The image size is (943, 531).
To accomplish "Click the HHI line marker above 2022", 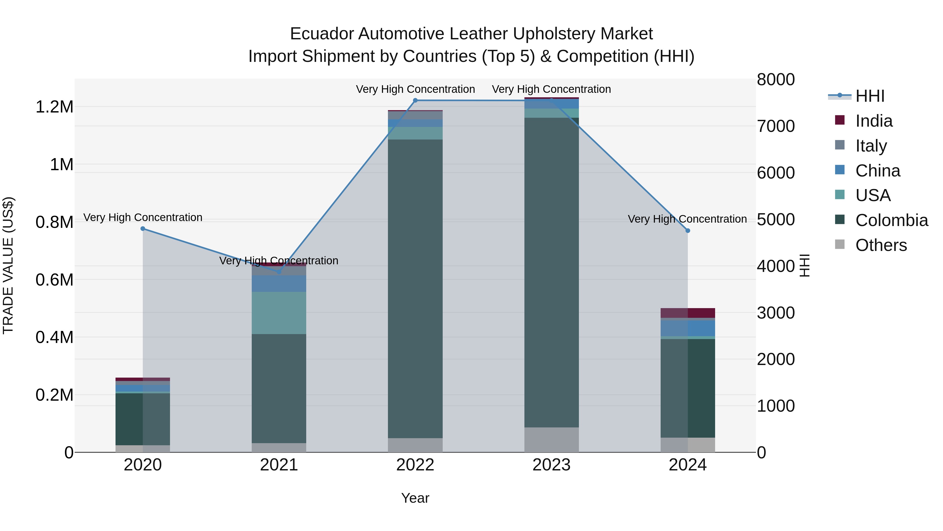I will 415,100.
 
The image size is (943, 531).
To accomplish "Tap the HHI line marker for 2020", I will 143,229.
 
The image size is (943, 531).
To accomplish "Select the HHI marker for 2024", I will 688,230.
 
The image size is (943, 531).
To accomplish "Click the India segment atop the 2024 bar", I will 688,313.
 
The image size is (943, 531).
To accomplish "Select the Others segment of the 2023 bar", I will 551,439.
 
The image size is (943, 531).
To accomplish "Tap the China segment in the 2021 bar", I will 279,283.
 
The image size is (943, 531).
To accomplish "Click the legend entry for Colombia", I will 891,220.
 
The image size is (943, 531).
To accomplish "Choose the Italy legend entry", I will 871,146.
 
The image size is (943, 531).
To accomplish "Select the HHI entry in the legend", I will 870,96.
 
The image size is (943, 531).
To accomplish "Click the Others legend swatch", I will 840,244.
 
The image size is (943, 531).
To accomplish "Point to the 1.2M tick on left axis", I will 54,107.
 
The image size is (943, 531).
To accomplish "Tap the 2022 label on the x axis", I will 415,465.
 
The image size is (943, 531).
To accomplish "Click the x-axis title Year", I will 415,498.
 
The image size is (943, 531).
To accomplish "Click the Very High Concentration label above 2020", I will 143,217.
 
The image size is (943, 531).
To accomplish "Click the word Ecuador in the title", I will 321,34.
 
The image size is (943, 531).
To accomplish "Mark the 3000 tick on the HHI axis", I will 775,313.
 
